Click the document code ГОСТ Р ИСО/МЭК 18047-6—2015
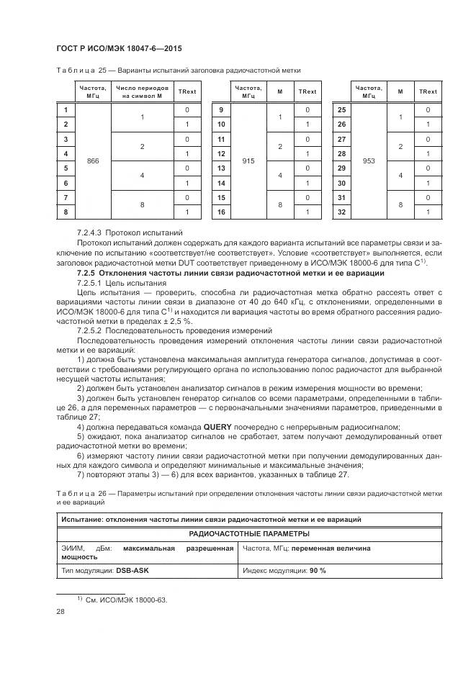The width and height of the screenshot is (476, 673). (118, 48)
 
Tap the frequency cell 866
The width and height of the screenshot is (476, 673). (92, 161)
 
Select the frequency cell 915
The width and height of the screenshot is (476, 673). (248, 161)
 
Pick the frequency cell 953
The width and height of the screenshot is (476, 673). (369, 161)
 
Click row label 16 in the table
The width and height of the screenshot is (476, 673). (222, 212)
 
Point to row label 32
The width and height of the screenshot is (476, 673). (342, 212)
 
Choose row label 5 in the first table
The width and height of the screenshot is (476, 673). (66, 168)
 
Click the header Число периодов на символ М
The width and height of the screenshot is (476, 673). (142, 91)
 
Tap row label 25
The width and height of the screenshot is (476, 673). (342, 110)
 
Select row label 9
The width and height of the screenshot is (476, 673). (222, 110)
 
